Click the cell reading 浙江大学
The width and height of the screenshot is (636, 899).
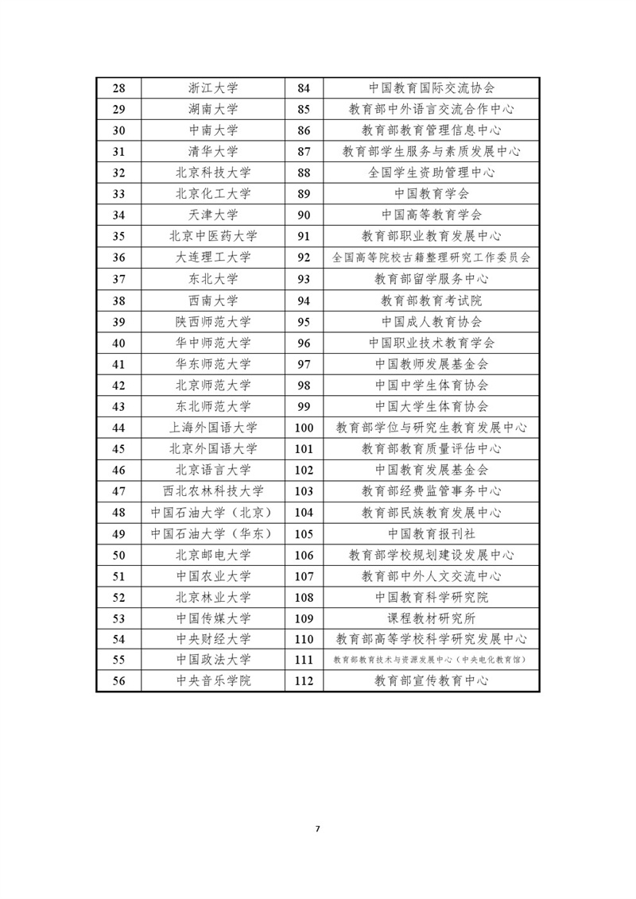point(213,87)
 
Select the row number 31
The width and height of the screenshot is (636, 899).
point(119,151)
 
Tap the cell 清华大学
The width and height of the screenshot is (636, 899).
point(213,151)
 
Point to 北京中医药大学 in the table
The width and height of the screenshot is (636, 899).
point(213,236)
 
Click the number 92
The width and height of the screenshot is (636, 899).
point(304,258)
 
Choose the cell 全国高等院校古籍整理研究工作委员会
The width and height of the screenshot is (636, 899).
point(431,258)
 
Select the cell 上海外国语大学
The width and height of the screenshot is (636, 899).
point(213,428)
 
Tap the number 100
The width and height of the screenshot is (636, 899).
point(304,428)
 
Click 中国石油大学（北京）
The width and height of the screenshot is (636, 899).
point(213,513)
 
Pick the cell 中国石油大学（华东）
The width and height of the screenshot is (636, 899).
point(213,534)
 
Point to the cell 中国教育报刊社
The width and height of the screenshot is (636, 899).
point(431,534)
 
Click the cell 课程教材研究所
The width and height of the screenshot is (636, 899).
point(431,617)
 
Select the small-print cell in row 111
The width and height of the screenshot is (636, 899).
point(431,660)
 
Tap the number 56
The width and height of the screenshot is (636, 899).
point(119,680)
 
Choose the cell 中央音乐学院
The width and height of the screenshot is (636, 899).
point(213,680)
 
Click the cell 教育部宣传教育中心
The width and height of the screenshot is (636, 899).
point(431,680)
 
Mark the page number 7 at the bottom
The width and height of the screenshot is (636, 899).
point(317,829)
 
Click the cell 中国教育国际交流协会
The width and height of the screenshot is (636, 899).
point(431,87)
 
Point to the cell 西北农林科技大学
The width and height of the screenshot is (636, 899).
point(213,491)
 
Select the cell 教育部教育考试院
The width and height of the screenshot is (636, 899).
point(431,300)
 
